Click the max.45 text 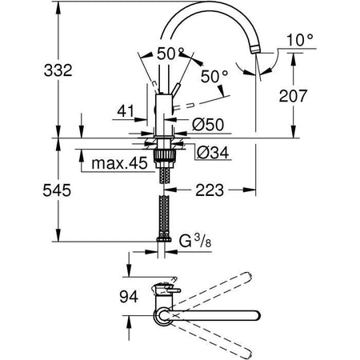[118, 165]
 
